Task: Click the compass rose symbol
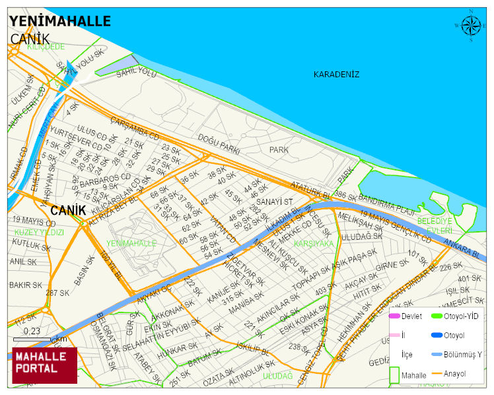click(471, 25)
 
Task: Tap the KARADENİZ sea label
click(336, 74)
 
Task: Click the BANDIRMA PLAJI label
click(386, 199)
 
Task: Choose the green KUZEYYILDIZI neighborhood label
click(39, 233)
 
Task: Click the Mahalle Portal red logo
click(44, 365)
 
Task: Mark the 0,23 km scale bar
click(32, 339)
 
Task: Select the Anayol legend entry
click(454, 374)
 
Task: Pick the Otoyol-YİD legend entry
click(461, 316)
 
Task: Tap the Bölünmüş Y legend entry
click(462, 355)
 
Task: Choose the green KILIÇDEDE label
click(46, 47)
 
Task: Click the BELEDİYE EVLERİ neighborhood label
click(435, 225)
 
